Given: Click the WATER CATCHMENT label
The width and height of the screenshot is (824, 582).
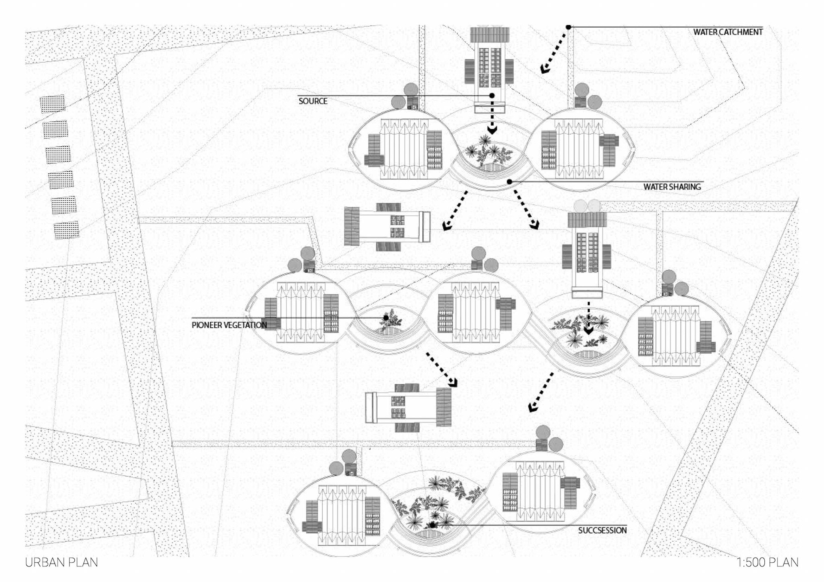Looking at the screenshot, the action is (728, 32).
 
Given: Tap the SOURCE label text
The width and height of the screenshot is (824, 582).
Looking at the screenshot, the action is (313, 101).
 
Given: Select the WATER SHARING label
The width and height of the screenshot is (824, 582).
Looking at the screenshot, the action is (672, 187).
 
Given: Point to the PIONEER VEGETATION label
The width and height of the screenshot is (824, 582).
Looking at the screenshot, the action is (229, 325).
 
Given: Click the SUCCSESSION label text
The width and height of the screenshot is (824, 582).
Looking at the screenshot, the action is (602, 531).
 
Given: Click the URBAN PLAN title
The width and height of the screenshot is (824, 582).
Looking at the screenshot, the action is (61, 562).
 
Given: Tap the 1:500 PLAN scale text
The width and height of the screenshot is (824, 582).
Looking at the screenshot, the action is (767, 562).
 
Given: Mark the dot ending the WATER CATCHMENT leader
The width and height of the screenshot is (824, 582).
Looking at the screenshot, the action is (568, 27).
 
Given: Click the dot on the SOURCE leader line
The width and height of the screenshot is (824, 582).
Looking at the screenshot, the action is (492, 96).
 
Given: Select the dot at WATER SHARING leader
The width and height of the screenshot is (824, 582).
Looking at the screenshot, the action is (509, 182).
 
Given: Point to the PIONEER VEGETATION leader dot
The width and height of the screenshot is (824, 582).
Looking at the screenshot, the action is (386, 318).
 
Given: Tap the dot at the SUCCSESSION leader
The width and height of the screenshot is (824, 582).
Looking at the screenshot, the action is (433, 525).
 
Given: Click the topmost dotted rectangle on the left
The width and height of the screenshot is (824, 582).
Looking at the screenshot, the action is (52, 104).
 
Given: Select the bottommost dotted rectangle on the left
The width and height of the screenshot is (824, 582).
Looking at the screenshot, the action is (67, 230).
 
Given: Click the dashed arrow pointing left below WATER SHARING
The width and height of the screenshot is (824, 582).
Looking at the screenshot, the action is (455, 211).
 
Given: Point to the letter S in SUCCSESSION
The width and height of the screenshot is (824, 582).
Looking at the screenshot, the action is (581, 531).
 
